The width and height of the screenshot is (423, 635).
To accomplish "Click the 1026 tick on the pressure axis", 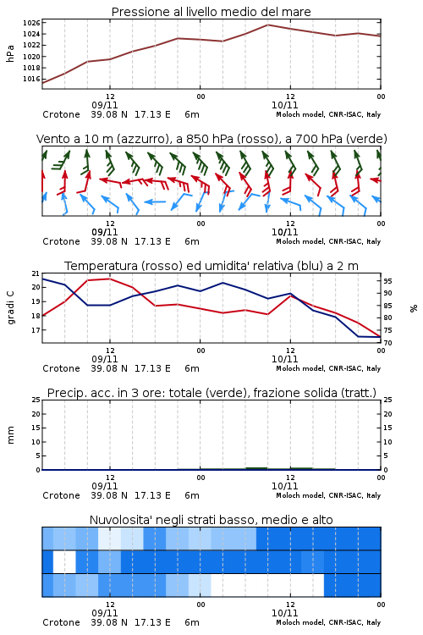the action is coord(31,23).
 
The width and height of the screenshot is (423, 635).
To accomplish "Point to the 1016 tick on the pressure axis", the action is coord(31,79).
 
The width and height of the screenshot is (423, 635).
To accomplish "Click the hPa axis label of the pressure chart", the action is coord(10,53).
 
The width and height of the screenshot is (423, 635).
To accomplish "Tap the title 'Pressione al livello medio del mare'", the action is coord(211,12).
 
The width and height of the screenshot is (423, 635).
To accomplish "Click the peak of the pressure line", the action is coord(267,25).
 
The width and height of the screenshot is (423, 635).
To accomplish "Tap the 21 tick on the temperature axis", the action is coord(36,273).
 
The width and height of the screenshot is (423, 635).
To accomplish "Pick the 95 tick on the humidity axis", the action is coord(387,280).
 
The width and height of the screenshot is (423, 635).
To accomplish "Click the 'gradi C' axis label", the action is coord(10,307).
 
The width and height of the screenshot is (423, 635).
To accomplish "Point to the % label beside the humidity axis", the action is coord(414,308).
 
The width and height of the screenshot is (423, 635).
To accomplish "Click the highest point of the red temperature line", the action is coord(110,279).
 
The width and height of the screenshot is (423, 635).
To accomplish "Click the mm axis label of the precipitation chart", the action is coord(10,435).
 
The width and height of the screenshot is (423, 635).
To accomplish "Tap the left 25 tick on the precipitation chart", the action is coord(36,400).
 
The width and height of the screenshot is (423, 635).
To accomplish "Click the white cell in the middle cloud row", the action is coord(65,561).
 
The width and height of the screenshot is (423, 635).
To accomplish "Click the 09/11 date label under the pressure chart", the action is coord(105,105).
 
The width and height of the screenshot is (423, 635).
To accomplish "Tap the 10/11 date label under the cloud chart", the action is coord(284,613).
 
